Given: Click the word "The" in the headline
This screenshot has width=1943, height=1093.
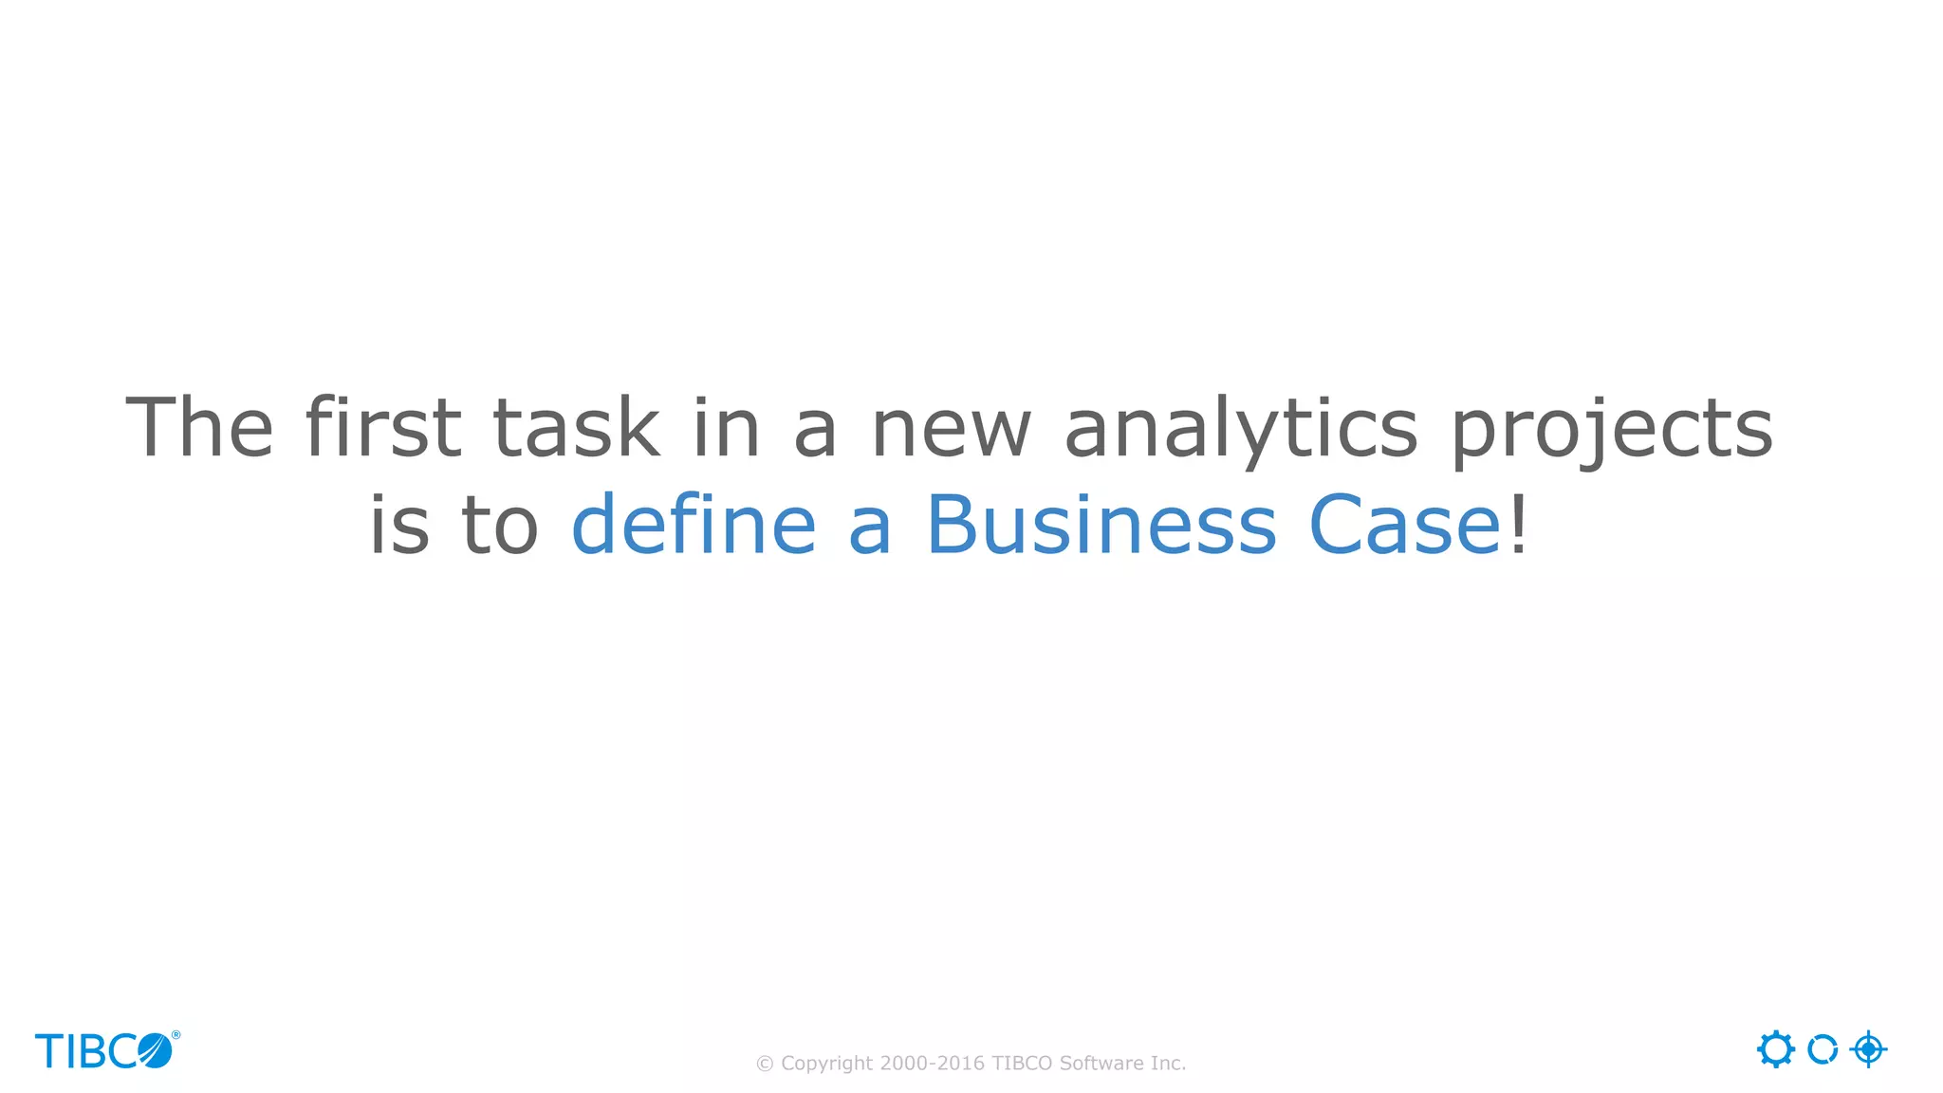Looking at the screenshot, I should (x=199, y=428).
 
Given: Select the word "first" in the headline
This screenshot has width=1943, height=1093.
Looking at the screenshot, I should (x=383, y=428).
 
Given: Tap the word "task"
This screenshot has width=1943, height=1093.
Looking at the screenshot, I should (x=576, y=428).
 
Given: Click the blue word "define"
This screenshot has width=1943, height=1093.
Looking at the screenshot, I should (x=694, y=525).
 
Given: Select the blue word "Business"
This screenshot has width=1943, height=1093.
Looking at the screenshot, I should (x=1101, y=525).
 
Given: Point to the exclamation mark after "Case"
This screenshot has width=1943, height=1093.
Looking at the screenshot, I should (x=1519, y=525).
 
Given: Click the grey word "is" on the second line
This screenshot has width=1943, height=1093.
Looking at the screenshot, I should (x=398, y=525).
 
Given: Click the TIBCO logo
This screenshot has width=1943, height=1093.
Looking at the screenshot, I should (x=104, y=1051).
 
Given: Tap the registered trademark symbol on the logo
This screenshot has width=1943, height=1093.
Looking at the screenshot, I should (x=176, y=1035).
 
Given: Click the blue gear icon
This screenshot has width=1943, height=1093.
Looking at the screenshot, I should (x=1775, y=1049).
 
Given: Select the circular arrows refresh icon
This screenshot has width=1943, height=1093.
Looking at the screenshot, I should (x=1823, y=1049).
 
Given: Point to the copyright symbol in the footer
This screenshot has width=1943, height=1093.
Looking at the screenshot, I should (x=765, y=1065).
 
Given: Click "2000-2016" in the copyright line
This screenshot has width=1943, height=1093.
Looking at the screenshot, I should (x=933, y=1064).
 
